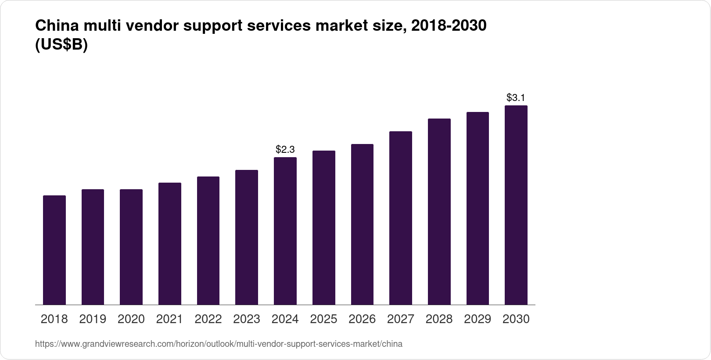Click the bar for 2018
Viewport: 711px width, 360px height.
(x=54, y=250)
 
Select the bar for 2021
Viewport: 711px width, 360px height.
(x=170, y=244)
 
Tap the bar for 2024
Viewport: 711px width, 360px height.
(x=285, y=231)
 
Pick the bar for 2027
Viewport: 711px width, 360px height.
(x=400, y=218)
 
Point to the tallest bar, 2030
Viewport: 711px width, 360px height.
(x=516, y=205)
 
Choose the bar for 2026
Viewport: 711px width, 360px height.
(x=362, y=224)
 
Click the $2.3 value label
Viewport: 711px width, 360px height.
(x=285, y=150)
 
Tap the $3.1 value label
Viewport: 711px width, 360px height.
(x=516, y=97)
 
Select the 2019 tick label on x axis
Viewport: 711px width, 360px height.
(x=93, y=319)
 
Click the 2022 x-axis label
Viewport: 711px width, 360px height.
(x=208, y=319)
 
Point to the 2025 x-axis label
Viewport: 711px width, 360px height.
(x=323, y=319)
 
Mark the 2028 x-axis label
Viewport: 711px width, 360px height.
(x=439, y=319)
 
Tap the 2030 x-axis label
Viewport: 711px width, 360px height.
(x=516, y=319)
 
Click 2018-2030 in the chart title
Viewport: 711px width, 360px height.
(x=449, y=26)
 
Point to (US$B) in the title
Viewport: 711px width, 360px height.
(x=61, y=46)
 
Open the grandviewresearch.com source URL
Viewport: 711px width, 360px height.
(x=219, y=344)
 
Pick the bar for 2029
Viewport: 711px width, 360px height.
(x=478, y=208)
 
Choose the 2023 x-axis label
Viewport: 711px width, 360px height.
(x=247, y=319)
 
